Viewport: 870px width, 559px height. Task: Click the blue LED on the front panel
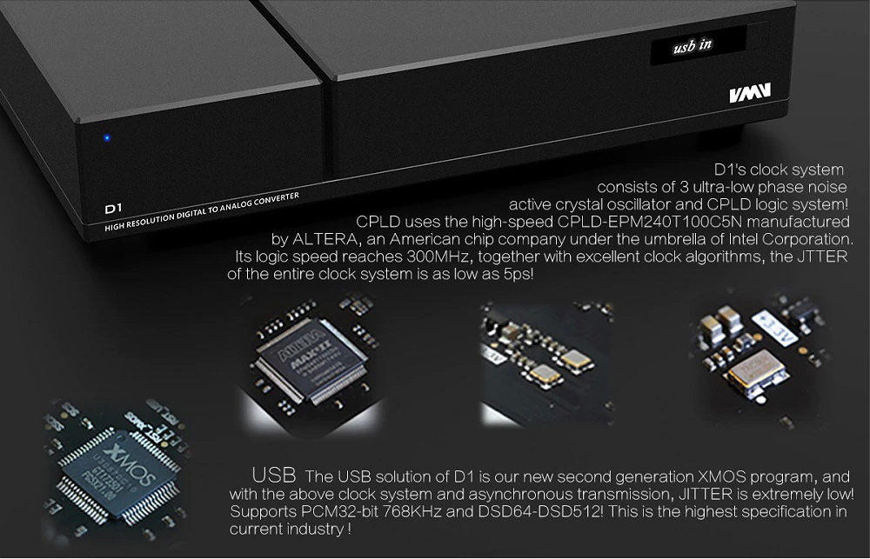click(106, 137)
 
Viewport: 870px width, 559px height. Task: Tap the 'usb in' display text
click(693, 45)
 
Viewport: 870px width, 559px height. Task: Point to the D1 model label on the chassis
click(110, 209)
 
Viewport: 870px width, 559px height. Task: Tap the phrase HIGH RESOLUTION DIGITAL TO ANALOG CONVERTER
click(200, 215)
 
